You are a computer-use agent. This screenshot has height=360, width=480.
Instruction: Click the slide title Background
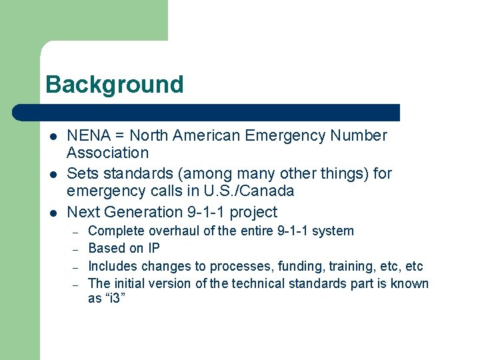(114, 85)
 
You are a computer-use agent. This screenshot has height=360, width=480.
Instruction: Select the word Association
(107, 153)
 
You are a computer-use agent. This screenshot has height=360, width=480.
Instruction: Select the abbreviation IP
(154, 248)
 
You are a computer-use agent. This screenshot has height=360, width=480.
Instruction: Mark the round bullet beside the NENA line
(53, 137)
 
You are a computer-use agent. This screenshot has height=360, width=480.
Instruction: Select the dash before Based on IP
(76, 249)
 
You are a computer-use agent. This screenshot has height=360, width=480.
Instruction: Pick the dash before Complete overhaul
(76, 232)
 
